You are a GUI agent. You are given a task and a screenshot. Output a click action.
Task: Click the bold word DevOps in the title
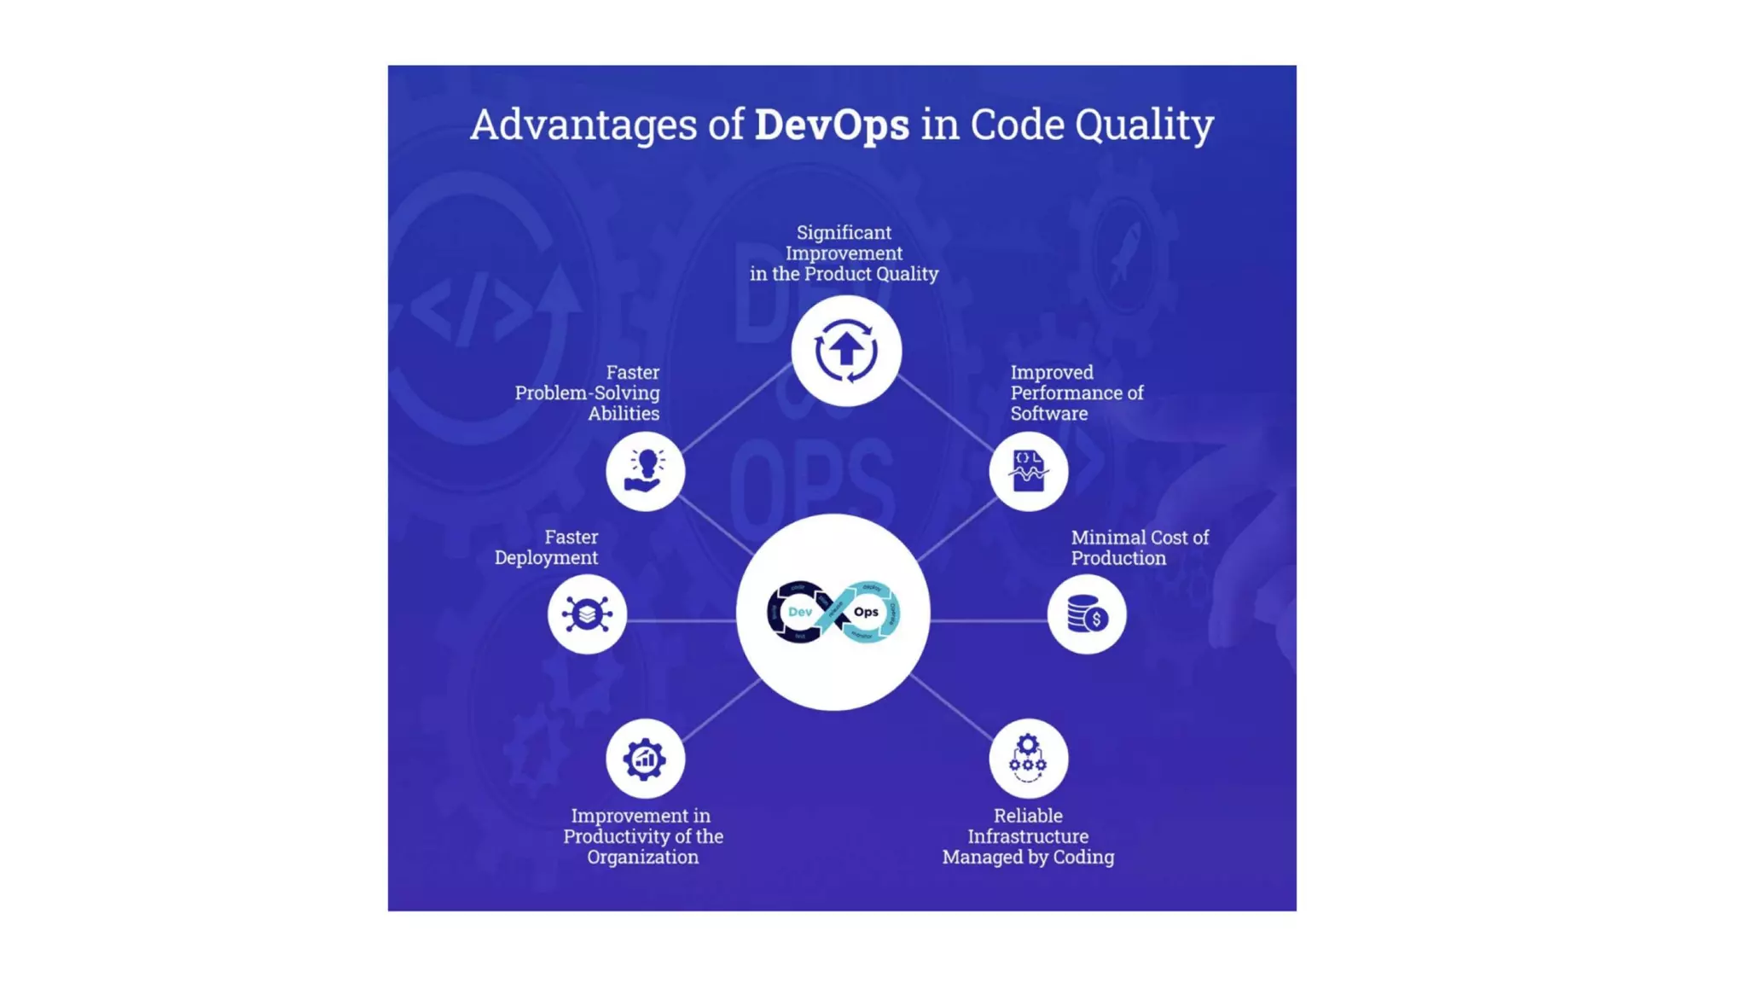click(831, 125)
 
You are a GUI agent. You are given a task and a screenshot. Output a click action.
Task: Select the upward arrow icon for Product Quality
click(845, 351)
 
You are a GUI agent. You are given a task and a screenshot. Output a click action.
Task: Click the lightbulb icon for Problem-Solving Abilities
click(645, 471)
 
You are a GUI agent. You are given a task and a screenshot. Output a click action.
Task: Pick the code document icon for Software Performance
click(1028, 471)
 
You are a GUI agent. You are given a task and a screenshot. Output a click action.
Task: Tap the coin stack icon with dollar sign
click(1087, 614)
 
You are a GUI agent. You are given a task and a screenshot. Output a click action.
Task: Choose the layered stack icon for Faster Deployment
click(587, 614)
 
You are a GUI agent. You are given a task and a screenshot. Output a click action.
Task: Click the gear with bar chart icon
click(645, 759)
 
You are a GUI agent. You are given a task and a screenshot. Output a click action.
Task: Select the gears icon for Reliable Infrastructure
click(1028, 758)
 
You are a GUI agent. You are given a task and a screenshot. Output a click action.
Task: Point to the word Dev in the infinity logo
click(800, 612)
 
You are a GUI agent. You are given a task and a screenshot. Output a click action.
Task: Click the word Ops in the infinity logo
click(866, 612)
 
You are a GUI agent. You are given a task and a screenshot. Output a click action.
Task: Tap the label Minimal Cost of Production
click(1139, 548)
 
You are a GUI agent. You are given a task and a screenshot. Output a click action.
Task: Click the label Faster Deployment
click(547, 547)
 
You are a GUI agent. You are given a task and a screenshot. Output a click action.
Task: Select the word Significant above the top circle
click(844, 232)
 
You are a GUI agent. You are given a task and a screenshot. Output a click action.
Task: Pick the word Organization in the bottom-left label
click(642, 857)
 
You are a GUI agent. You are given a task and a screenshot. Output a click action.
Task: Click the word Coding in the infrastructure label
click(1082, 857)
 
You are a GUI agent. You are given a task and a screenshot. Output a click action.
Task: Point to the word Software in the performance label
click(1048, 413)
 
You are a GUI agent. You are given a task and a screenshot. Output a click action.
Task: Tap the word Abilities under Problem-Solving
click(624, 413)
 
